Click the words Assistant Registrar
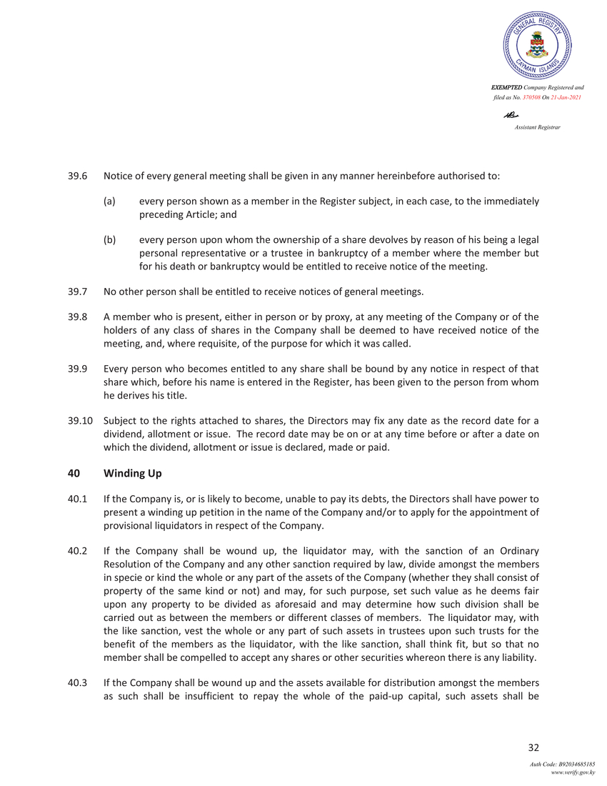(x=537, y=126)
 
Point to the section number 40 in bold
(x=74, y=473)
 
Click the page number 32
(x=533, y=747)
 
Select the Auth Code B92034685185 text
(x=562, y=764)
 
